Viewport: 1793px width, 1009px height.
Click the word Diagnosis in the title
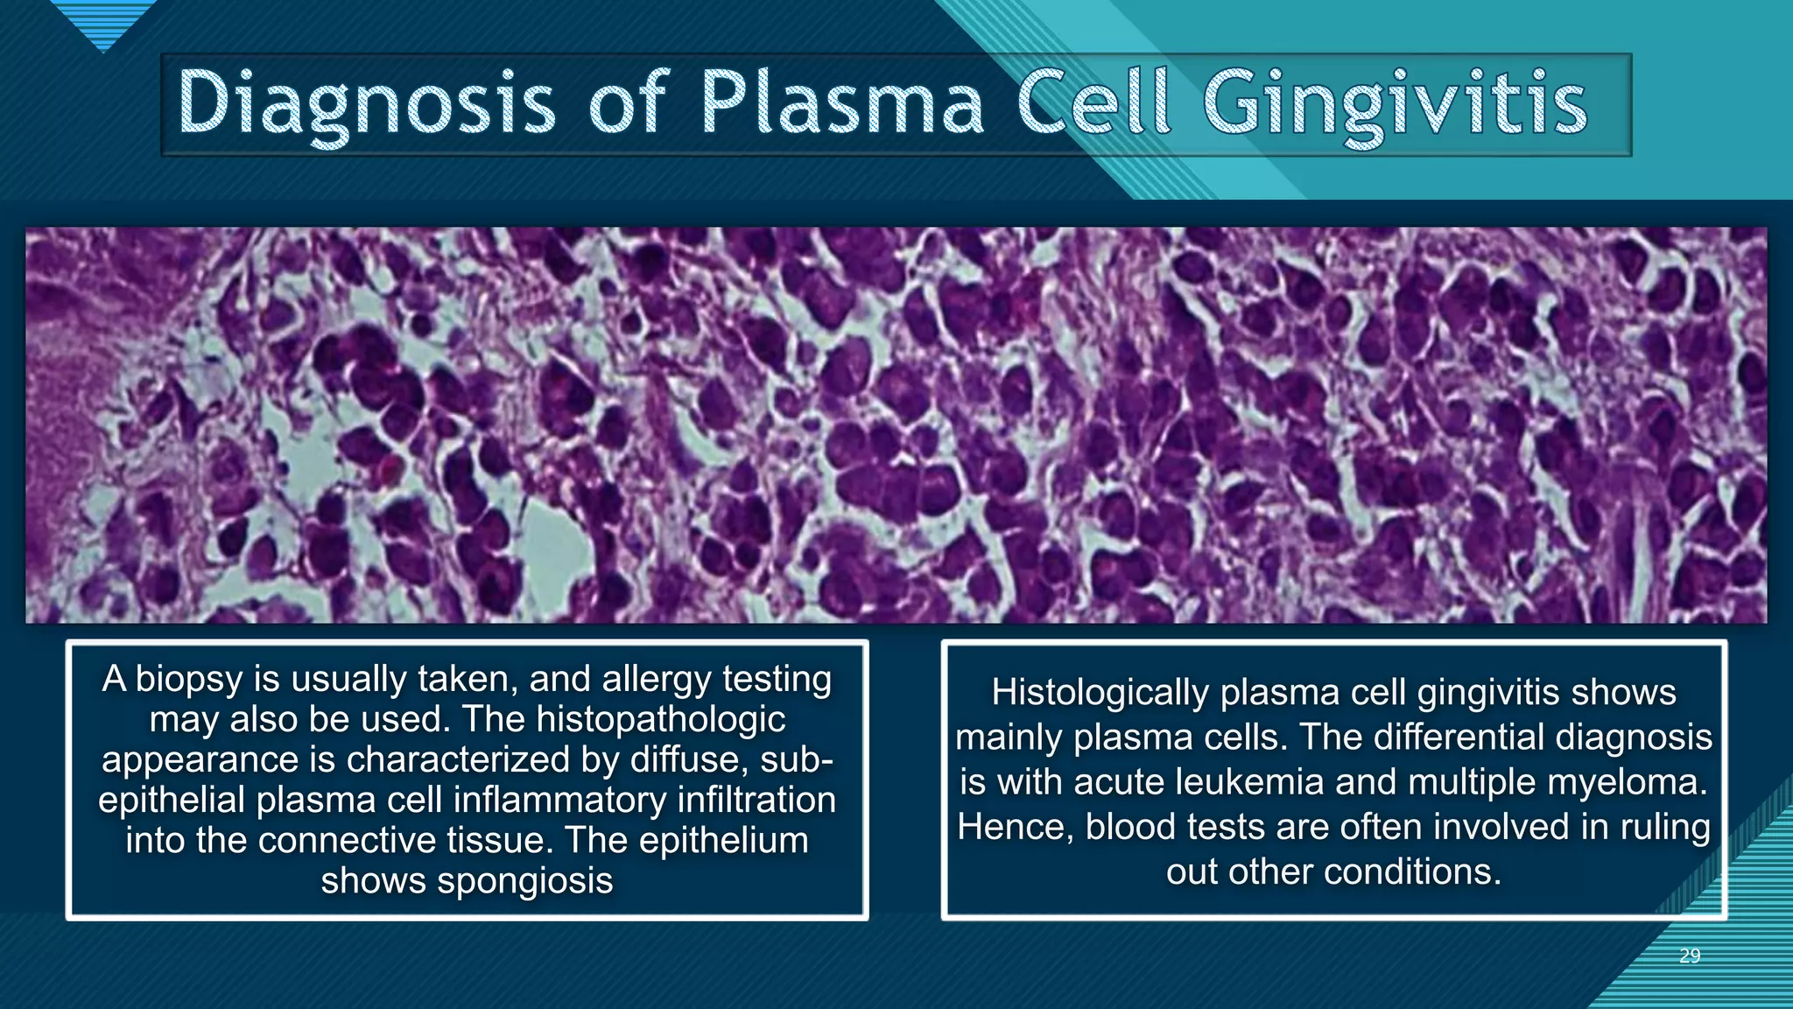pyautogui.click(x=366, y=103)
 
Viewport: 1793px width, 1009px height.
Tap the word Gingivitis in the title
pyautogui.click(x=1395, y=103)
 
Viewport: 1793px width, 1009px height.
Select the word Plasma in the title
pyautogui.click(x=842, y=103)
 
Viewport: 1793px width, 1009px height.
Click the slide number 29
pyautogui.click(x=1690, y=956)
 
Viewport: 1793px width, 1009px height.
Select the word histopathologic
pyautogui.click(x=660, y=720)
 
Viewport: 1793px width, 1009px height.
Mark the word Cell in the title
pyautogui.click(x=1093, y=103)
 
